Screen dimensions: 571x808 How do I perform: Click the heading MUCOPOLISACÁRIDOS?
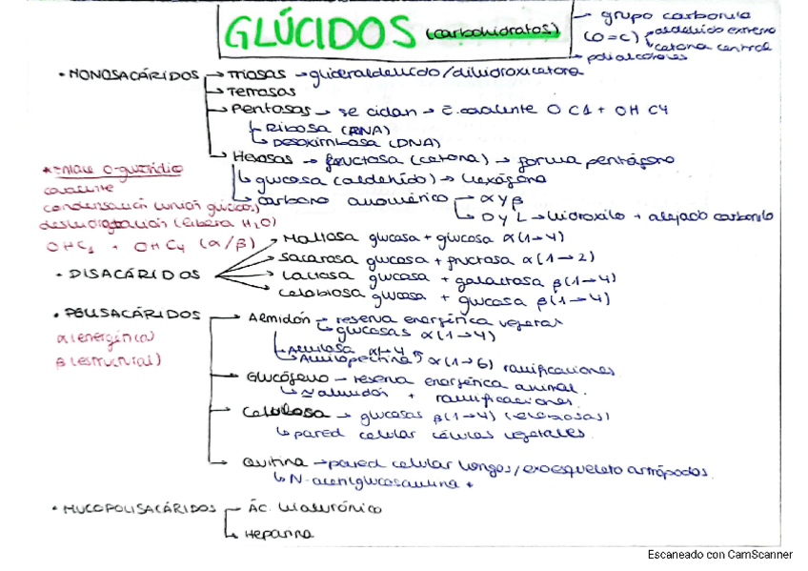(x=141, y=508)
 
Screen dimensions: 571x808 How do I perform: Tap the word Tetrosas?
(x=263, y=92)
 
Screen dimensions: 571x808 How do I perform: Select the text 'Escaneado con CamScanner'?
(x=719, y=554)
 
